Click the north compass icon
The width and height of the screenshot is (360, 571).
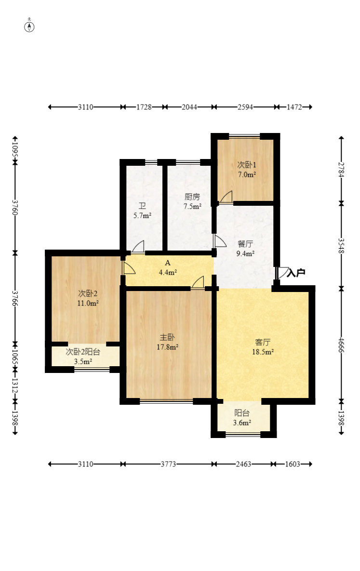[29, 27]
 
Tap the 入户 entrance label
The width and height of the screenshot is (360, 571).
[295, 272]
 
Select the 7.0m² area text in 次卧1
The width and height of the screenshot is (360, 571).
[247, 174]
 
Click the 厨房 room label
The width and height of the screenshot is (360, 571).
[192, 197]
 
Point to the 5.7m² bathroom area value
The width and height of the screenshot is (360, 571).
[142, 215]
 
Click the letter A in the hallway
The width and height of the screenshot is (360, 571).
[168, 263]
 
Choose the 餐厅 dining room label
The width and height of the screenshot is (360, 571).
[245, 244]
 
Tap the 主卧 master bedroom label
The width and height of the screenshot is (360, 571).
[167, 338]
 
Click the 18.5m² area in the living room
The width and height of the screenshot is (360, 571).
[263, 352]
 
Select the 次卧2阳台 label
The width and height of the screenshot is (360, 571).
[83, 352]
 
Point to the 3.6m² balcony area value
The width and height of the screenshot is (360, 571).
[242, 423]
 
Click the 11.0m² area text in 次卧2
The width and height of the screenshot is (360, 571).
[88, 303]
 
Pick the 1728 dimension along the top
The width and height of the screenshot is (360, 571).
[144, 107]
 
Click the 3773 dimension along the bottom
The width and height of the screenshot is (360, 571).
[168, 464]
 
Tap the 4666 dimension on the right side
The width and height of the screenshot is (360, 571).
[341, 345]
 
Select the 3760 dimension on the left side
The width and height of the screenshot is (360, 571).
[15, 207]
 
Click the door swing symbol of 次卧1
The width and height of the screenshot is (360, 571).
[226, 197]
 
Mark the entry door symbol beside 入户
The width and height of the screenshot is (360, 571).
[282, 273]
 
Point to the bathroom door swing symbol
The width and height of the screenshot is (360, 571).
[138, 247]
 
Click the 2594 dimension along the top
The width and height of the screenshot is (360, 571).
[245, 107]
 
